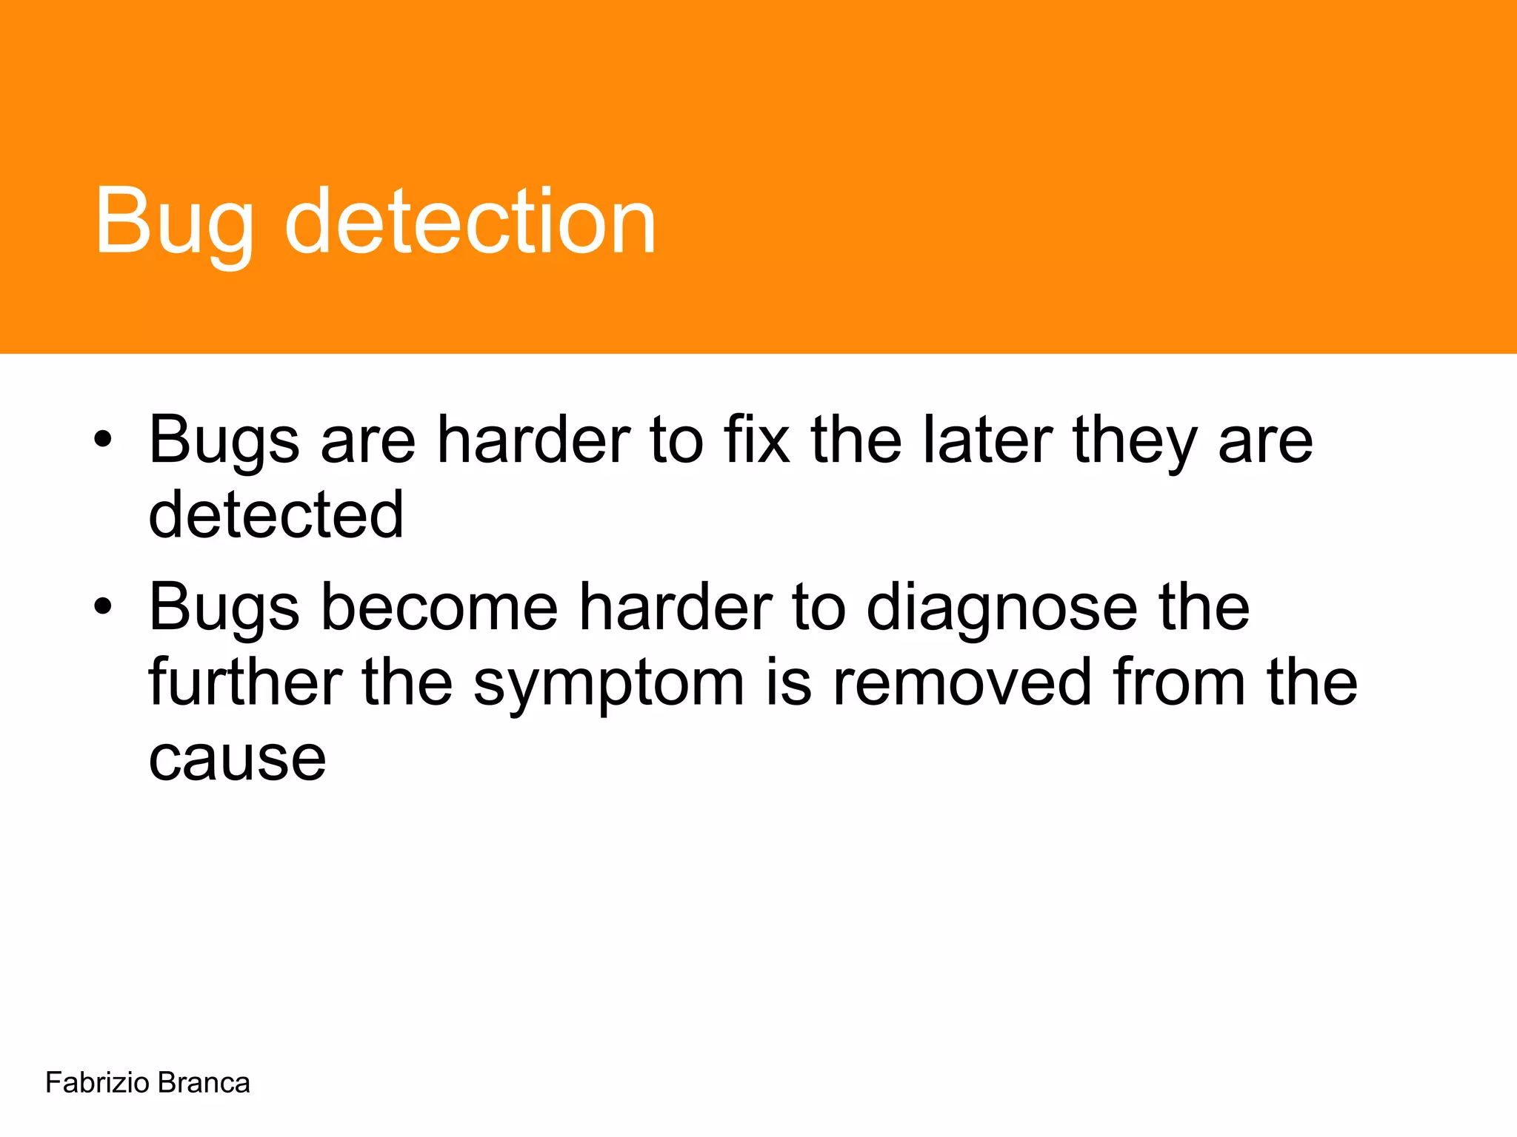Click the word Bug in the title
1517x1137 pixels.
(x=175, y=222)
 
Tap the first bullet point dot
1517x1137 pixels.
(x=103, y=440)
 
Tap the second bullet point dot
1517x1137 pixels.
(x=103, y=607)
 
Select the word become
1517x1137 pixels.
(x=439, y=607)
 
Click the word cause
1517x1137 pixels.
(x=237, y=759)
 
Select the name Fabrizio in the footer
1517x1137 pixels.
(x=97, y=1083)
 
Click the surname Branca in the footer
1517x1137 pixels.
(x=204, y=1083)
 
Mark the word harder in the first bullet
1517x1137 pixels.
(x=533, y=440)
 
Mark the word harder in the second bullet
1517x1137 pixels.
(x=675, y=607)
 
